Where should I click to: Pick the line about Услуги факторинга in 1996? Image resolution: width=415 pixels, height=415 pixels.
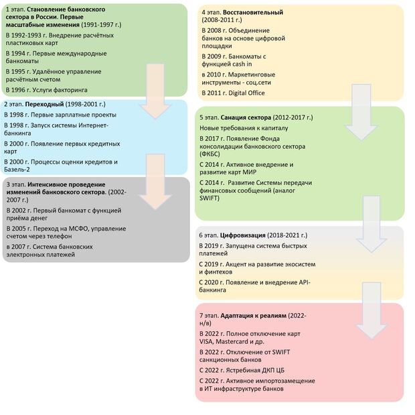coord(46,89)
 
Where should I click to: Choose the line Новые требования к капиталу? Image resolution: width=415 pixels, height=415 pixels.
coord(245,127)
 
